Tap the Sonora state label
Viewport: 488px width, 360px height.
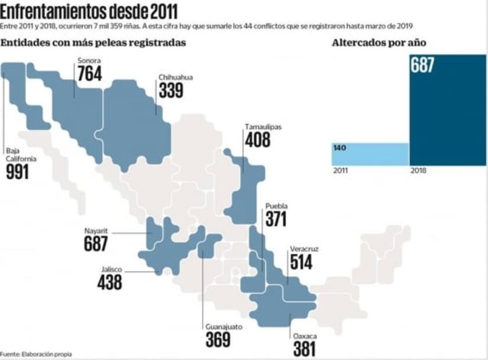pyautogui.click(x=89, y=60)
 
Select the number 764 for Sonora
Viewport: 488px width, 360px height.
pyautogui.click(x=89, y=74)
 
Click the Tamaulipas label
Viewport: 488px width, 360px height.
pyautogui.click(x=262, y=127)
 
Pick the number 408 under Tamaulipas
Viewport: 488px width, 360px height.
pyautogui.click(x=258, y=140)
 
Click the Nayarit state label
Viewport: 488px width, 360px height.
pyautogui.click(x=96, y=231)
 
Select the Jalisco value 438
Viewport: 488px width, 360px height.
pyautogui.click(x=110, y=282)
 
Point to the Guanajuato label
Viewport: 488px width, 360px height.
pyautogui.click(x=224, y=326)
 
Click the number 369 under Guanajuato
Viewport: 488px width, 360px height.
pyautogui.click(x=218, y=340)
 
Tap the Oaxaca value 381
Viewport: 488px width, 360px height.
pyautogui.click(x=304, y=348)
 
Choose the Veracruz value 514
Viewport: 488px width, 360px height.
pyautogui.click(x=301, y=262)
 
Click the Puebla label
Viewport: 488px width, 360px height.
pyautogui.click(x=276, y=206)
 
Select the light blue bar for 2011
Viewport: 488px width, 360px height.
pyautogui.click(x=370, y=154)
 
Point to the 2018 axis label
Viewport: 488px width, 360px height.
pyautogui.click(x=418, y=171)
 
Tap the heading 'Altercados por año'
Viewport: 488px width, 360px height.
pyautogui.click(x=379, y=43)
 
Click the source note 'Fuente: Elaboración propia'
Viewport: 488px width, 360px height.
pyautogui.click(x=36, y=354)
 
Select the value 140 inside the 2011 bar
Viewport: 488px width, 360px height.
pyautogui.click(x=340, y=147)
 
